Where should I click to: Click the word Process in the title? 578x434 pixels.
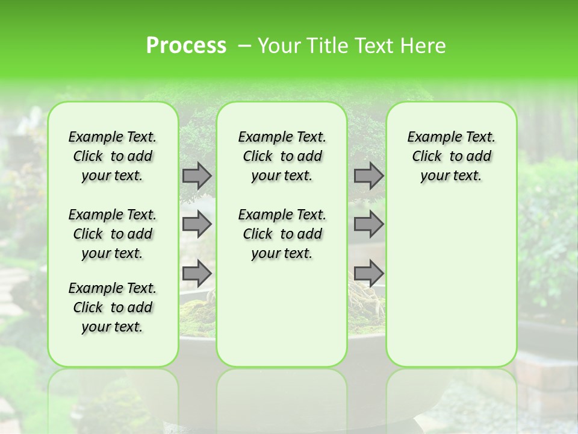(x=186, y=45)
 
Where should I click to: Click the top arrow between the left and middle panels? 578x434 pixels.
(x=197, y=175)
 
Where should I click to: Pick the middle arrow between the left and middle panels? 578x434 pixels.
(x=197, y=224)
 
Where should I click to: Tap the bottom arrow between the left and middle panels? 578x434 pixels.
(x=197, y=273)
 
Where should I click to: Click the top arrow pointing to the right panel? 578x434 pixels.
(x=368, y=175)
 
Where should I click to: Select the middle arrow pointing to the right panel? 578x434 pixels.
(x=368, y=224)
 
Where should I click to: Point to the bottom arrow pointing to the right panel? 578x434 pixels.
(x=368, y=273)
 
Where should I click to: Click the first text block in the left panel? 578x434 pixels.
(x=113, y=156)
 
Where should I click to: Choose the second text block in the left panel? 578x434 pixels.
(x=113, y=234)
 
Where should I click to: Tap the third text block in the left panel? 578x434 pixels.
(x=113, y=307)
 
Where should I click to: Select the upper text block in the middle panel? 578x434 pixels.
(x=282, y=156)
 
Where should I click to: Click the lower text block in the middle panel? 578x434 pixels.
(x=282, y=234)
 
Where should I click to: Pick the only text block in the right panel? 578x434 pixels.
(x=451, y=156)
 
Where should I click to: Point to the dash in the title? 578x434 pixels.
(x=244, y=45)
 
